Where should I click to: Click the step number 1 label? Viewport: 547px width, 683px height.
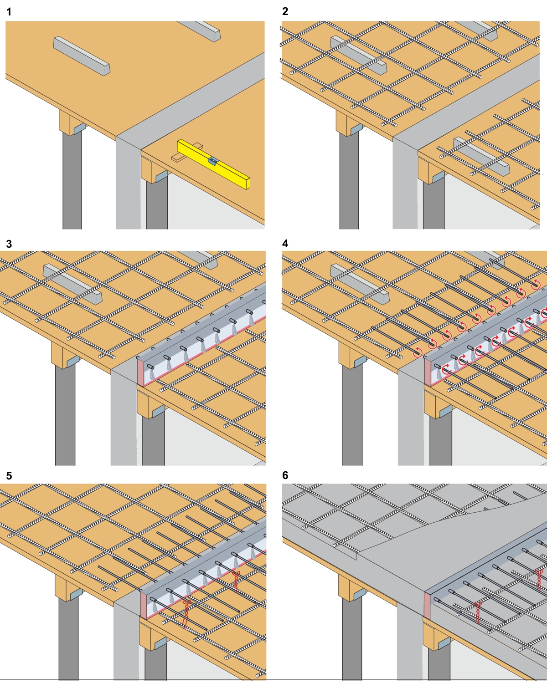tap(9, 12)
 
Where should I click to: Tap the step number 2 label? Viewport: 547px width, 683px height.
tap(285, 11)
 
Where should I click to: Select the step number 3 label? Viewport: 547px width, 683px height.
tap(9, 244)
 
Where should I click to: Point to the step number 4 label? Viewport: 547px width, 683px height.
tap(285, 244)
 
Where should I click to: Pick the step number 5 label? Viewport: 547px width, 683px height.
tap(9, 476)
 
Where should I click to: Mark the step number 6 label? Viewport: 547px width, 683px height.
tap(285, 475)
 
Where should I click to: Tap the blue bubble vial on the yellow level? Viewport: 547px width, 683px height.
tap(213, 160)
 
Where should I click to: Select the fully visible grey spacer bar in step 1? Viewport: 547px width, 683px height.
tap(82, 56)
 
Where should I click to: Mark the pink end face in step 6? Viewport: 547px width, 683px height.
tap(427, 605)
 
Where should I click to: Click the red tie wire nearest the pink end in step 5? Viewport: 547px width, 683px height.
tap(186, 612)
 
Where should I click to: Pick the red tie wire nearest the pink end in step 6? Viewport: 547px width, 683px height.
tap(477, 612)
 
